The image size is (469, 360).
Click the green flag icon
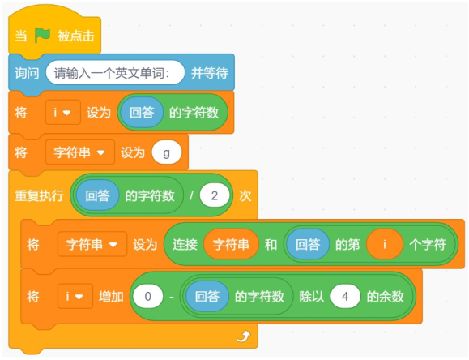(x=42, y=36)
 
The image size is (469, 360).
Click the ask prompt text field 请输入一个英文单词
(x=115, y=72)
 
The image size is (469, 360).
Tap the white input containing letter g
(x=167, y=152)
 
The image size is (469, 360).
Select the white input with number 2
(x=215, y=195)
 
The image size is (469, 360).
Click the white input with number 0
(x=147, y=297)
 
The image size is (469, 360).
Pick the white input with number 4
(x=345, y=297)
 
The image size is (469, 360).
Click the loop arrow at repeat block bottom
(x=244, y=336)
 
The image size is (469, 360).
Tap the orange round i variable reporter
(x=384, y=244)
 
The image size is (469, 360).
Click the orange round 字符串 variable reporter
(x=231, y=244)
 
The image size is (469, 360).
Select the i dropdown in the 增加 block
(x=75, y=297)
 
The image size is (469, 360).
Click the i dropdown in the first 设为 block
(x=63, y=113)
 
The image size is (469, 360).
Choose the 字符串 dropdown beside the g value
(x=80, y=152)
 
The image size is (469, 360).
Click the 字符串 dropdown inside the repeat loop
(x=92, y=244)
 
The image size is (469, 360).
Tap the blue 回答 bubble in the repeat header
(x=97, y=195)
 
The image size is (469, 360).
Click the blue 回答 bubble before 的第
(x=308, y=244)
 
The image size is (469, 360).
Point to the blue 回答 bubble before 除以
(x=207, y=297)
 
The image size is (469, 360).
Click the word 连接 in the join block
(x=185, y=244)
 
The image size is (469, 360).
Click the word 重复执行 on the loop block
(x=39, y=196)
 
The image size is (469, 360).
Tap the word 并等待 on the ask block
(x=210, y=73)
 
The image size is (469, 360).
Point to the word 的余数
(x=386, y=297)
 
